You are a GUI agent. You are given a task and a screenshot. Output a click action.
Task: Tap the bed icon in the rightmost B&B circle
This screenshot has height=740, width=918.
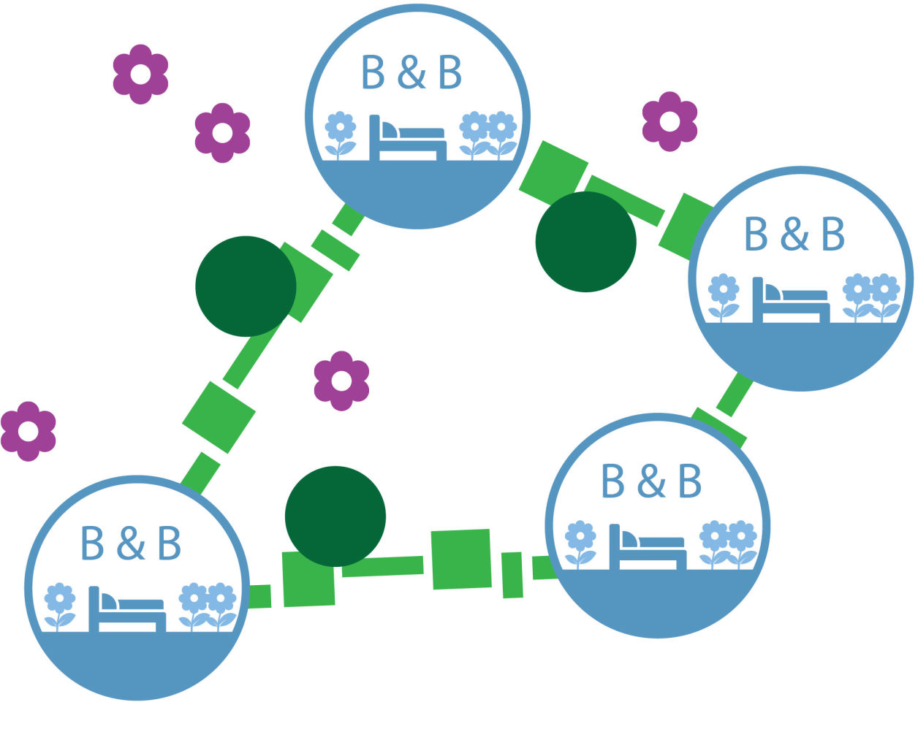point(791,301)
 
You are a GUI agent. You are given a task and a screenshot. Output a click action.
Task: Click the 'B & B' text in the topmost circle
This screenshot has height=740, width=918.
point(411,72)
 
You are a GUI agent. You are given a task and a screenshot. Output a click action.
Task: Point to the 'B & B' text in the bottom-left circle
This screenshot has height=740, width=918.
point(131,543)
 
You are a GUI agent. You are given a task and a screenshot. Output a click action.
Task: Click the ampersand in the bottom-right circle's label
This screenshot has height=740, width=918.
point(650,481)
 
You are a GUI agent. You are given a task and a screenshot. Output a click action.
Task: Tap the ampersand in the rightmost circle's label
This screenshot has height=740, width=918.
point(794,234)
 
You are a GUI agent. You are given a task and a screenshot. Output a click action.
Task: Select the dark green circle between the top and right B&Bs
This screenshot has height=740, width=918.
point(585,242)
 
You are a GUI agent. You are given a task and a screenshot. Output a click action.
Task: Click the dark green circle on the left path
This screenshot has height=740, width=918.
point(246,286)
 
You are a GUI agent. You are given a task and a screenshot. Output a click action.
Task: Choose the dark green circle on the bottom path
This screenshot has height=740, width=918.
point(335,516)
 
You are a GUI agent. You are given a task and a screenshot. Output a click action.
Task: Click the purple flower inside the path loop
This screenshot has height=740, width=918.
point(341,381)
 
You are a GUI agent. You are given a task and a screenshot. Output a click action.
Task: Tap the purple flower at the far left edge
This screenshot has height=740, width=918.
point(28,431)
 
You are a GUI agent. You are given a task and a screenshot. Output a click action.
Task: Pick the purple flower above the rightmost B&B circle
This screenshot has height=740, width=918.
point(669,121)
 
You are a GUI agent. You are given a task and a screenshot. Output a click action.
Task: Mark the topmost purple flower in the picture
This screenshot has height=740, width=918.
point(140,74)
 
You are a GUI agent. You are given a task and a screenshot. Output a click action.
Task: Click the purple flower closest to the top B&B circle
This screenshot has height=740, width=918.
point(222,133)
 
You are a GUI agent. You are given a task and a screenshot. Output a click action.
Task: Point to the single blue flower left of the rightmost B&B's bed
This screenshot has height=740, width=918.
point(724,296)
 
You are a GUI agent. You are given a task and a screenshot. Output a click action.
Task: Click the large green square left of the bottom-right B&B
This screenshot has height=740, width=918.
point(460,559)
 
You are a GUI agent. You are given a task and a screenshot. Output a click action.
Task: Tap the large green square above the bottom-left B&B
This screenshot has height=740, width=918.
point(219,418)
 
